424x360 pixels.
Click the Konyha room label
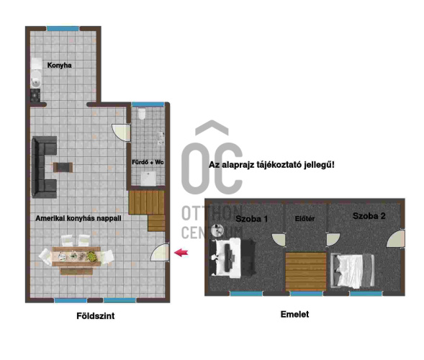click(59, 66)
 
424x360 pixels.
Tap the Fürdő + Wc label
click(148, 162)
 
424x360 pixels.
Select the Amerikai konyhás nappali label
click(78, 218)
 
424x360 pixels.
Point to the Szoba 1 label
click(251, 219)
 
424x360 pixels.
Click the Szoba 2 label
click(369, 216)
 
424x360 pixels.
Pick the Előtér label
click(305, 219)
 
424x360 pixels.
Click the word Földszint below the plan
click(96, 315)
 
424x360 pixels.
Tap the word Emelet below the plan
click(294, 314)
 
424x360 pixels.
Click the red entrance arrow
click(181, 253)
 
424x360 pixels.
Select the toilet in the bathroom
click(142, 114)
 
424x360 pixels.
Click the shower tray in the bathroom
click(148, 179)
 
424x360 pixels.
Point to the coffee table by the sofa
click(63, 167)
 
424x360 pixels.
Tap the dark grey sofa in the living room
click(44, 167)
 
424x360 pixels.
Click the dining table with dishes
click(76, 256)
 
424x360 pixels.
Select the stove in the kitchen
click(35, 95)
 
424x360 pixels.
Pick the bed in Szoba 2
click(352, 271)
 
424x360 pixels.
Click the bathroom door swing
click(121, 132)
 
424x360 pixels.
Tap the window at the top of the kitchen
click(63, 29)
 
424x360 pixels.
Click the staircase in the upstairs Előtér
click(306, 271)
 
